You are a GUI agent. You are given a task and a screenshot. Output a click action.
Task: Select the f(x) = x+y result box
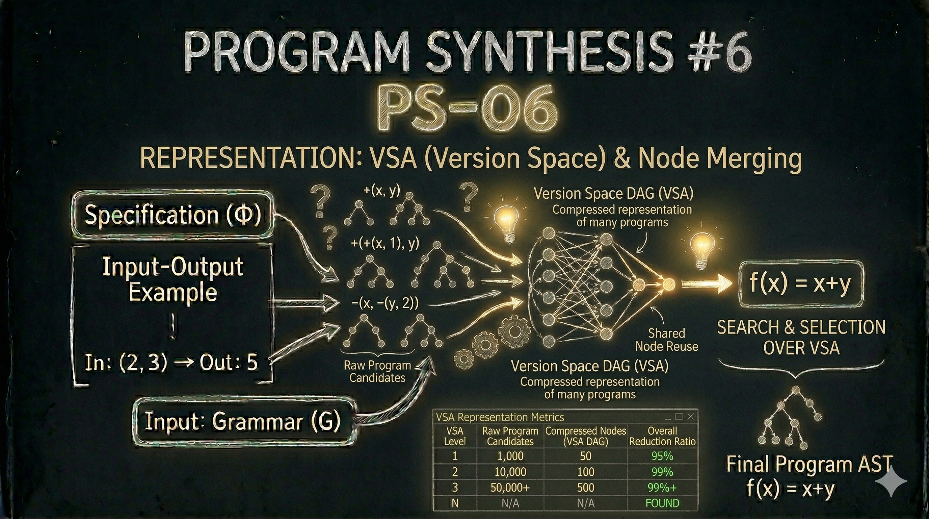800,283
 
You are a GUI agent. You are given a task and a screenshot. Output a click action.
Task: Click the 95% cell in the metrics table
662,456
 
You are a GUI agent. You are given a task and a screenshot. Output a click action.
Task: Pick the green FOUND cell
662,503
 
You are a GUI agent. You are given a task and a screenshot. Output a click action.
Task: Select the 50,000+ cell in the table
510,488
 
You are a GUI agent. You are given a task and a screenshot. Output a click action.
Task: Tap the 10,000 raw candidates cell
510,472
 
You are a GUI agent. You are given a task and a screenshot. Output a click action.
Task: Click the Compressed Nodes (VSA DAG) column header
585,436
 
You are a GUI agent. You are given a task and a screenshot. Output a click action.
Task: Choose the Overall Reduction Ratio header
662,436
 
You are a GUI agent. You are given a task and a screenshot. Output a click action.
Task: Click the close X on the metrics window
691,417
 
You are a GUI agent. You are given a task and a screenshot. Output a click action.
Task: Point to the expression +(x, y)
382,190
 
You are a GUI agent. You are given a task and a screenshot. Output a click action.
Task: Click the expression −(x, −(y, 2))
385,303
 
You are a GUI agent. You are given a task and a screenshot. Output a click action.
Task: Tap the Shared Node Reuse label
666,340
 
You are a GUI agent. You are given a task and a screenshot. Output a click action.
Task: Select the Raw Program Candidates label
377,371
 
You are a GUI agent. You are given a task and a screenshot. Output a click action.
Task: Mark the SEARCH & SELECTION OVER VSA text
801,338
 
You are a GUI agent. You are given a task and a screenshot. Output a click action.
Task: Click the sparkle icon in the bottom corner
891,481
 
